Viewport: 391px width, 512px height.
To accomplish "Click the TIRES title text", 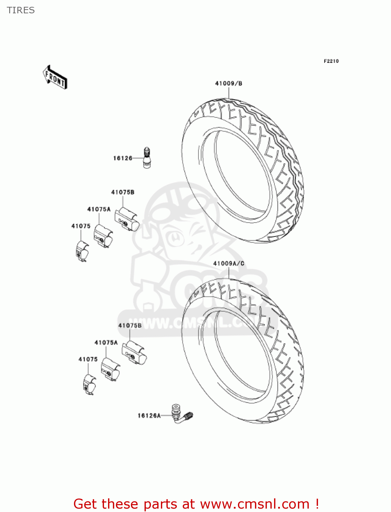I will (21, 10).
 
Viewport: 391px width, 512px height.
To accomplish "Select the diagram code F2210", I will (331, 61).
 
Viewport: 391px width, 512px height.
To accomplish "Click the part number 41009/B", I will (228, 83).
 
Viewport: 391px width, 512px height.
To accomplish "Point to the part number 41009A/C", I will (229, 264).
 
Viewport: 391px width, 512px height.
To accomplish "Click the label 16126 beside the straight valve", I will (123, 158).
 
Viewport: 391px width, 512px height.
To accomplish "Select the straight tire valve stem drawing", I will (147, 158).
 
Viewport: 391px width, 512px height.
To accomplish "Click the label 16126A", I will (149, 415).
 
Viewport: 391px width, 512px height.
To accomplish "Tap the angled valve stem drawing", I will (182, 414).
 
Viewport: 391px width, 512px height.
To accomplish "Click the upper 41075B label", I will (123, 192).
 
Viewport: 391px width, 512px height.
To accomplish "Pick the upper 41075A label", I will (99, 209).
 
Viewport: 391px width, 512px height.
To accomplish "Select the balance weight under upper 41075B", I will (127, 219).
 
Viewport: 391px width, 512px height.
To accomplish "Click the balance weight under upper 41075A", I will (103, 236).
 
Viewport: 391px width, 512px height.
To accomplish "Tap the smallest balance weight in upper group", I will (82, 251).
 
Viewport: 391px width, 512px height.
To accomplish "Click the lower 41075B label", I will (130, 326).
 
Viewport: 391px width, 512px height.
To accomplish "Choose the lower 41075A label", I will (106, 342).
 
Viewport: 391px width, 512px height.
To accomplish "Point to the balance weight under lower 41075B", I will (134, 353).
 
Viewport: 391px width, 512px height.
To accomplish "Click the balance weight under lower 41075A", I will (110, 369).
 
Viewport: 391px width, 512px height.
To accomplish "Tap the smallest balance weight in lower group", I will (89, 385).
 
